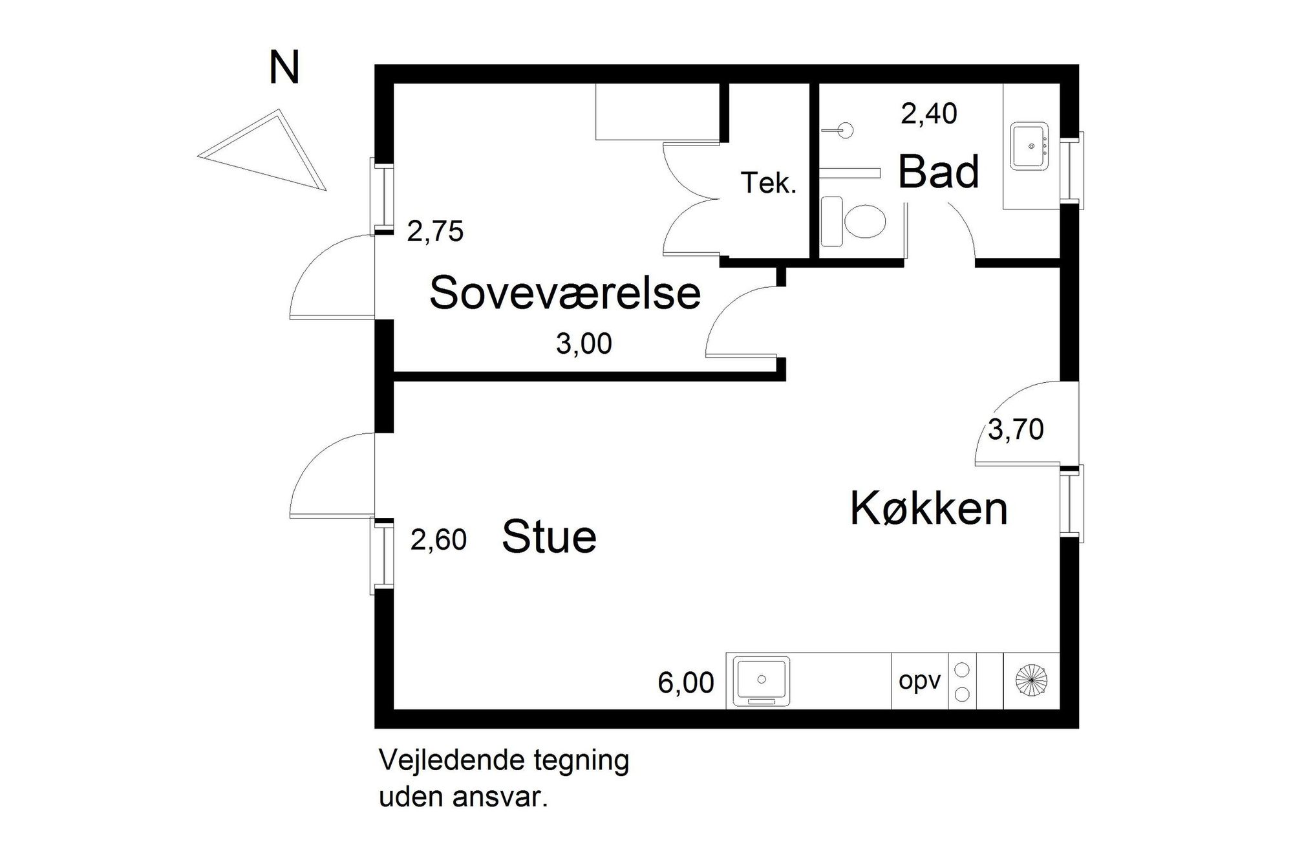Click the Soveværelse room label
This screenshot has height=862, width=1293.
click(565, 293)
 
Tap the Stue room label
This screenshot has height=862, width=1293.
click(549, 537)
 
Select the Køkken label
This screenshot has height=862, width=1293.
click(928, 508)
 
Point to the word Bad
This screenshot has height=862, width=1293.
click(938, 172)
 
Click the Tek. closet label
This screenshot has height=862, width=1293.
click(768, 184)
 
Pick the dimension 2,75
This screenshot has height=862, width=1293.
click(435, 232)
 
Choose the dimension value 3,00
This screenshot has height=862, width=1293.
click(584, 344)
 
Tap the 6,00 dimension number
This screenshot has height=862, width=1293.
click(686, 683)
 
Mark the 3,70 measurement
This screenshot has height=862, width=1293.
click(1016, 430)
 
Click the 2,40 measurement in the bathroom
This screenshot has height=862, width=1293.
click(928, 114)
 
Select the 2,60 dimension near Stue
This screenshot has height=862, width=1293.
click(438, 539)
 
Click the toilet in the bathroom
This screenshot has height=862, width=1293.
click(853, 221)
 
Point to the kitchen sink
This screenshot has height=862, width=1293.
click(762, 681)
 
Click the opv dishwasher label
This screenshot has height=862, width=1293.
click(919, 681)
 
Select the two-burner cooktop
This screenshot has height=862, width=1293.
click(962, 681)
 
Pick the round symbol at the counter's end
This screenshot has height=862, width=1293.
click(1032, 680)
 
